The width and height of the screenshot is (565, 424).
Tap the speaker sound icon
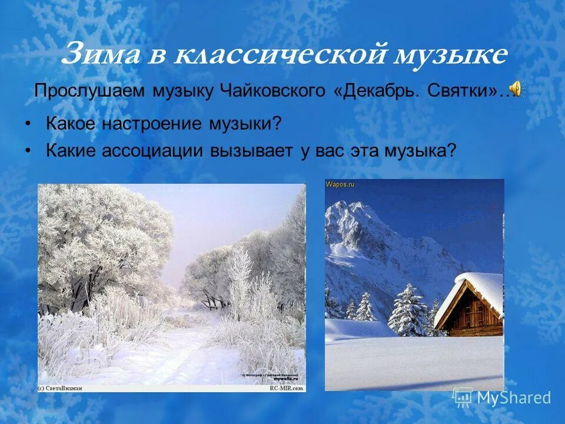(x=516, y=89)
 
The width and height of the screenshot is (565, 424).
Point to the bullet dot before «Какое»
(x=28, y=125)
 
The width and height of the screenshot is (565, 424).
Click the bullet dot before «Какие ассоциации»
(x=28, y=151)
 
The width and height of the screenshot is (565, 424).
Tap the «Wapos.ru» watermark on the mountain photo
(x=340, y=184)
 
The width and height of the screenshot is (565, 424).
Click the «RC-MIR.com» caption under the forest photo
(x=287, y=388)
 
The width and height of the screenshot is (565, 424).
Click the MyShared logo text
(x=513, y=397)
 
